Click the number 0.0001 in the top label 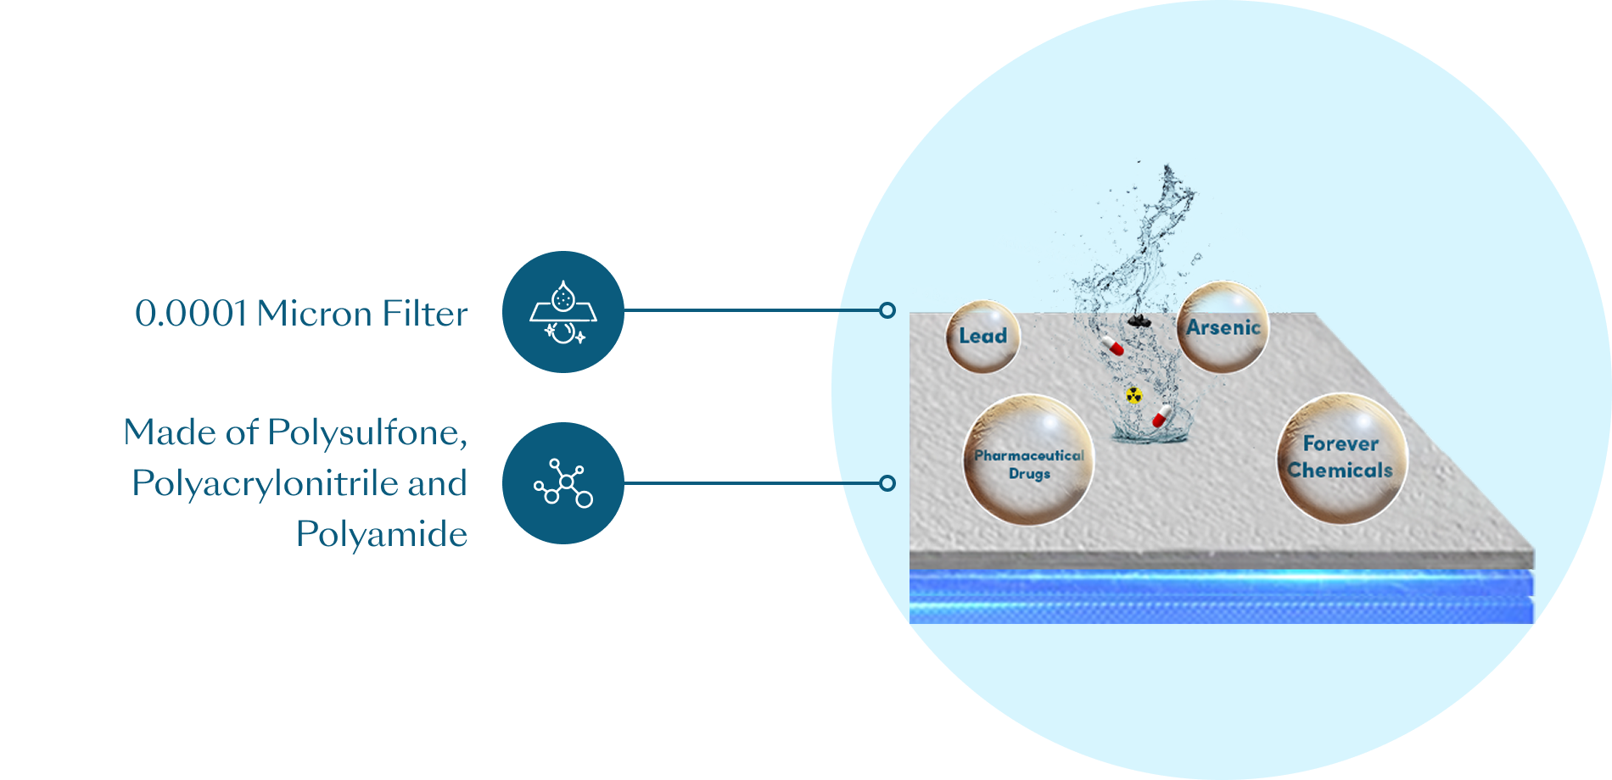190,314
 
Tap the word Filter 425,314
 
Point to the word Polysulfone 367,432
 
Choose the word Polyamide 382,534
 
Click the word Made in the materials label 170,432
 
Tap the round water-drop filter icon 563,311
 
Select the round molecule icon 563,483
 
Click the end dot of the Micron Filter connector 887,310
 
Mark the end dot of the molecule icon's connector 887,483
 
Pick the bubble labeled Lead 982,337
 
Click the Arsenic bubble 1223,327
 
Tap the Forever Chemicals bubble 1341,458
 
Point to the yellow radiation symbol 1133,394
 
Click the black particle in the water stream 1139,320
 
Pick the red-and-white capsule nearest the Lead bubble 1112,345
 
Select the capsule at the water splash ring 1161,416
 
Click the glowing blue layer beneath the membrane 1222,598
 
